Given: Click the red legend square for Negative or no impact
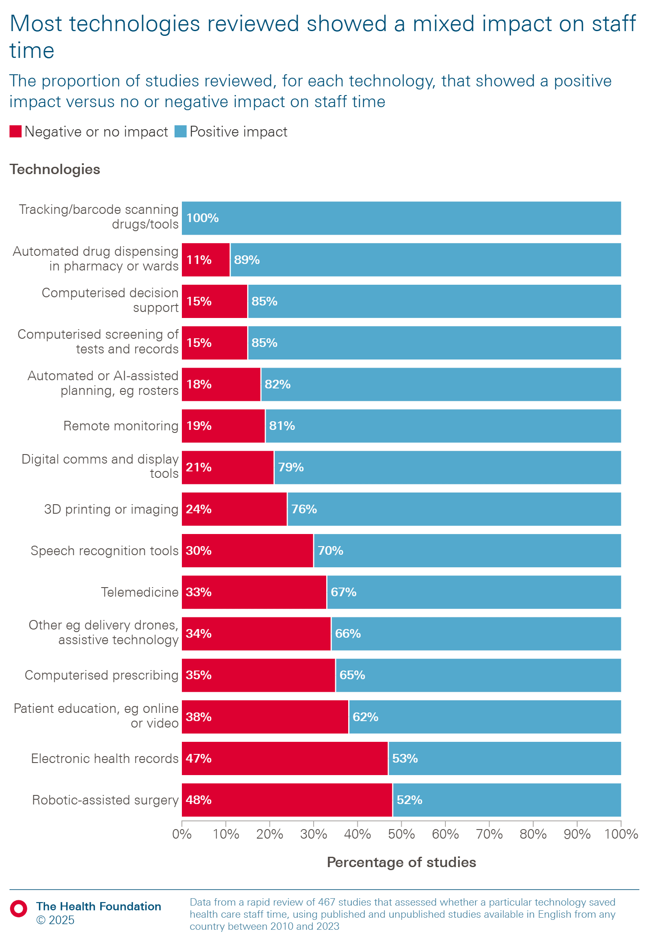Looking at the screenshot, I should click(16, 131).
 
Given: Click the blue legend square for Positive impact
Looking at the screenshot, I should click(180, 131).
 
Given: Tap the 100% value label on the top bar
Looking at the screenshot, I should click(202, 218).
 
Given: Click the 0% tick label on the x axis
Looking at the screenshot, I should click(182, 834).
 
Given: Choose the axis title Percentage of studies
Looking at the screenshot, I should click(401, 862).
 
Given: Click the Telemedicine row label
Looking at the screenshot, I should click(140, 592).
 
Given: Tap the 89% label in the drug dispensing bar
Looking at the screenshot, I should click(247, 260).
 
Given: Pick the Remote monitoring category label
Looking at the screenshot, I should click(121, 426).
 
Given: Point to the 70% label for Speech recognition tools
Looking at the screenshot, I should click(330, 550).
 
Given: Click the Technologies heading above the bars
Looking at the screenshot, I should click(55, 169).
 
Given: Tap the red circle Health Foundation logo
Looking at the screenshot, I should click(19, 909).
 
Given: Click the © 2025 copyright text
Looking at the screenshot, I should click(55, 920).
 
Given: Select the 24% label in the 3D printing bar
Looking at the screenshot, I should click(199, 509).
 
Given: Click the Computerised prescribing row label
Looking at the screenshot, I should click(102, 675).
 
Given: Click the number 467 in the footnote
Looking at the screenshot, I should click(327, 902).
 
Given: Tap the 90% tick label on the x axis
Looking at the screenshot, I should click(577, 834).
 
